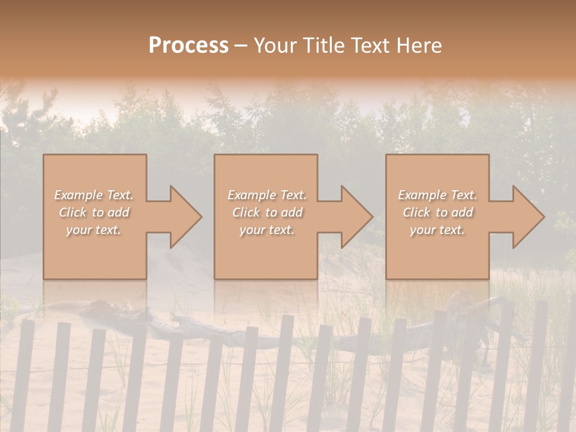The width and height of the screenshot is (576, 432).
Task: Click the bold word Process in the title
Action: tap(188, 46)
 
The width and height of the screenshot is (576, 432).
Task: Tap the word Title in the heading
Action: tap(325, 46)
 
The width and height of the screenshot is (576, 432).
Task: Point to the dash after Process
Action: tap(241, 46)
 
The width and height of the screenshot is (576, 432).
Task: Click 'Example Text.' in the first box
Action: tap(94, 195)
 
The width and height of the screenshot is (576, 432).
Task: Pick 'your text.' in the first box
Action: tap(94, 230)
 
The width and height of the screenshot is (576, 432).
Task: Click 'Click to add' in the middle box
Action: tap(268, 212)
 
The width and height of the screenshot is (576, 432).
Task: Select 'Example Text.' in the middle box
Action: tap(267, 195)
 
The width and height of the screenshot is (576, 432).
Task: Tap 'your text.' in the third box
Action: tap(437, 230)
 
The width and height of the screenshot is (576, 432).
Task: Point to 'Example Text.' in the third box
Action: tap(437, 195)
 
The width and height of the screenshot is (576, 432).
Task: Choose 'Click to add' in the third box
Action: tap(438, 212)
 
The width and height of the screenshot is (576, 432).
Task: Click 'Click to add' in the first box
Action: tap(94, 212)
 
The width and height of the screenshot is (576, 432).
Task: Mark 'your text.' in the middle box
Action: tap(267, 230)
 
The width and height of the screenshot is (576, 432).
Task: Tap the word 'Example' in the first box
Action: tap(79, 195)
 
